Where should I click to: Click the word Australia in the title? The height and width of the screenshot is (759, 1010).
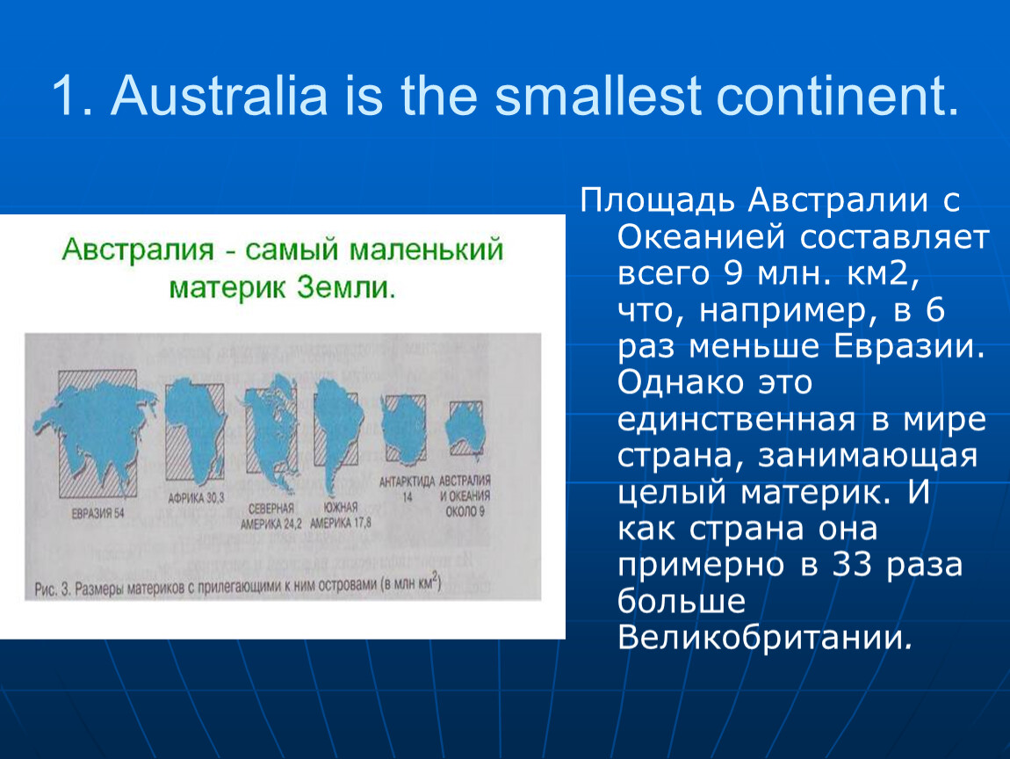click(220, 96)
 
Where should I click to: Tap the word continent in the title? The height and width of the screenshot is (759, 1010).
click(838, 96)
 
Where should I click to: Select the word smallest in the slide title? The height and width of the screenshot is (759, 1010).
click(598, 96)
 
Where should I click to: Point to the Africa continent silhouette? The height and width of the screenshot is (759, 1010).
click(193, 429)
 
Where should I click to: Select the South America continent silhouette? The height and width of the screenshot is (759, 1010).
click(336, 429)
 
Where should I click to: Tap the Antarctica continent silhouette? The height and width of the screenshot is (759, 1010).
click(404, 429)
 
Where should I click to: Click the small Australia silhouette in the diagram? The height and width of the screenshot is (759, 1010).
click(465, 429)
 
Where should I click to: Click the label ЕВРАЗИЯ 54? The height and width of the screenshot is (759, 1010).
click(97, 514)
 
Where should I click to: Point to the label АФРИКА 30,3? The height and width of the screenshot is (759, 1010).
click(196, 498)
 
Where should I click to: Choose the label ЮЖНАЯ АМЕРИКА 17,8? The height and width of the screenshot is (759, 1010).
click(340, 516)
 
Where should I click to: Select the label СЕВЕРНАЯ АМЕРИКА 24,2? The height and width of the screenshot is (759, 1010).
click(271, 516)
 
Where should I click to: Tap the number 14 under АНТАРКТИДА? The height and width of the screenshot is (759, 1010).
click(408, 496)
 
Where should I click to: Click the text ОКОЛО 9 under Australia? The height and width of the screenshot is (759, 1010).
click(465, 511)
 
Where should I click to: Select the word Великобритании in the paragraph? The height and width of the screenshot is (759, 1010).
click(764, 638)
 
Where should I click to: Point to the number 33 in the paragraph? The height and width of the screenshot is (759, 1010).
click(852, 565)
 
